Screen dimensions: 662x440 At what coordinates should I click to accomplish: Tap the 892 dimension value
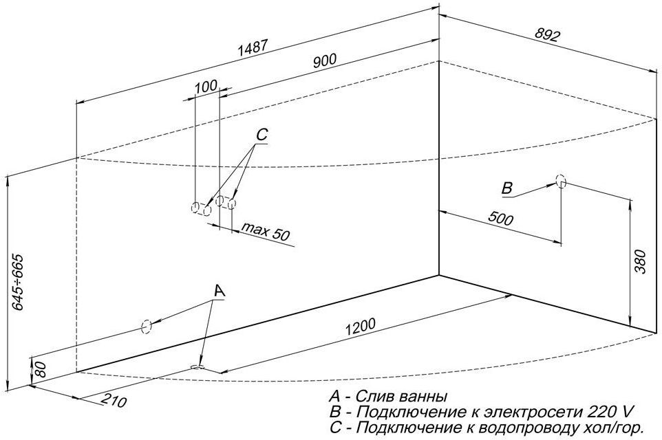click(547, 34)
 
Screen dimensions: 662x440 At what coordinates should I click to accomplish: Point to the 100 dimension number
click(206, 87)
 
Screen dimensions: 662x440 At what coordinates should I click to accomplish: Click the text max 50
click(266, 232)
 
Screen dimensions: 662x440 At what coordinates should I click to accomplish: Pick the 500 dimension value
click(500, 218)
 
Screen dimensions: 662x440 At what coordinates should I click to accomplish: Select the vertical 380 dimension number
click(641, 262)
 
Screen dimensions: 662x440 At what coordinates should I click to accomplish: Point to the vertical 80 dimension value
click(40, 369)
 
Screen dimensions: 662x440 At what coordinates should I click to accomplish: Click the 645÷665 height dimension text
click(18, 282)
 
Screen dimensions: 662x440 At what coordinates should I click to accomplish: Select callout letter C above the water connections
click(261, 135)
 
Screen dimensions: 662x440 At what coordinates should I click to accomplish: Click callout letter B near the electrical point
click(506, 188)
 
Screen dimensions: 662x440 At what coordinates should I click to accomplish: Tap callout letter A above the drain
click(219, 291)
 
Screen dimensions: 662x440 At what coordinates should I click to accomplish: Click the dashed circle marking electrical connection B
click(560, 181)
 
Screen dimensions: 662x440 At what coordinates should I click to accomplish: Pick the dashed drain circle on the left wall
click(147, 327)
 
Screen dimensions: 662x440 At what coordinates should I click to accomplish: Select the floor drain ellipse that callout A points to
click(197, 367)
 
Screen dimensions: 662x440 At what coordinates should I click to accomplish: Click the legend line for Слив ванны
click(388, 396)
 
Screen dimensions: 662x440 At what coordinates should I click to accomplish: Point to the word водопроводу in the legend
click(529, 428)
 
